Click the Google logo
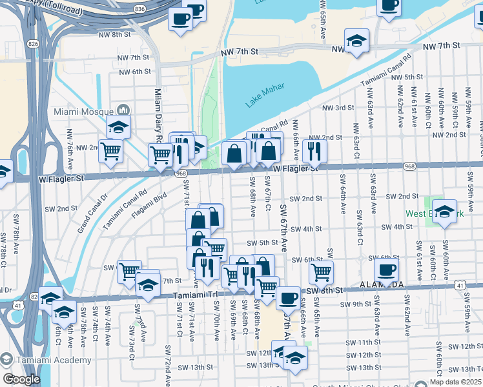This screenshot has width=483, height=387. coord(21,379)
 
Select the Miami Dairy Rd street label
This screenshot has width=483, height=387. coord(158,116)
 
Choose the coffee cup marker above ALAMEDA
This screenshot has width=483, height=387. coord(386,270)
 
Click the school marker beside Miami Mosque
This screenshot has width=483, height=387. coord(118,126)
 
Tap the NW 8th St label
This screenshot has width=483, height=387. coord(116,34)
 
